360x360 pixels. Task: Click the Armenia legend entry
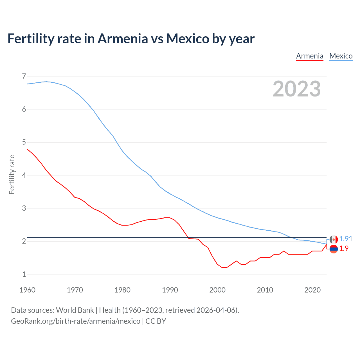point(310,56)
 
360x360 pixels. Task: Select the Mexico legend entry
point(341,56)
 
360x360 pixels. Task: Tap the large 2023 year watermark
point(296,89)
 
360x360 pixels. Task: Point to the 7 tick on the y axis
point(24,76)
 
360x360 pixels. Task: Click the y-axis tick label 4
point(24,175)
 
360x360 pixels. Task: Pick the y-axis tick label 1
point(24,274)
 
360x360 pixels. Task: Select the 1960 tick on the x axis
point(27,290)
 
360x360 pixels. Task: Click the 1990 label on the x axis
point(170,290)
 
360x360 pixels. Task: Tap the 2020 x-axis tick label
point(312,290)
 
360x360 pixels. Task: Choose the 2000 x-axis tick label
point(217,290)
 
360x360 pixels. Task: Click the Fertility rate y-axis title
point(12,174)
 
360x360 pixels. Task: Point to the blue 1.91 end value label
point(346,239)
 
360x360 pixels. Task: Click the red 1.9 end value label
point(344,248)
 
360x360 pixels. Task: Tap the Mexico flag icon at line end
point(334,239)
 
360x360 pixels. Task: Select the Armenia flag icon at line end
point(334,249)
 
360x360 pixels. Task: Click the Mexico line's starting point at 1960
point(27,84)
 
